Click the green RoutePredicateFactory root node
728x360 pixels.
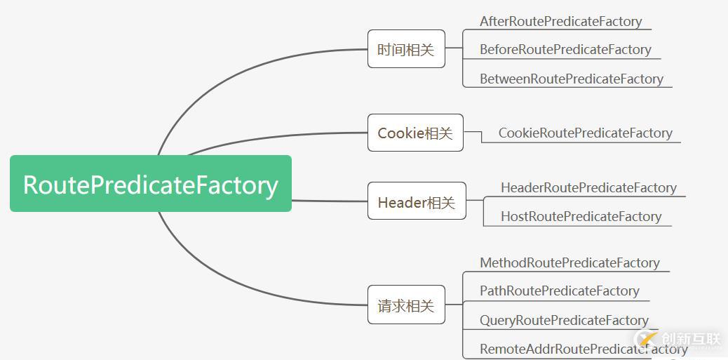tap(150, 184)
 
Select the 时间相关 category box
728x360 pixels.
tap(406, 49)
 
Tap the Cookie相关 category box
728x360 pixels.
tap(415, 133)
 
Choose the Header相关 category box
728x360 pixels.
tap(416, 201)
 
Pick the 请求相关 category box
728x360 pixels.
tap(406, 305)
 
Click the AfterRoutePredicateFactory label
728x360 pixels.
tap(560, 22)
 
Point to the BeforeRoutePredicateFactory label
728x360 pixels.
tap(565, 50)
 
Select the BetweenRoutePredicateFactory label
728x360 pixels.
tap(571, 79)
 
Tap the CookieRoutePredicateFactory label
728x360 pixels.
tap(585, 133)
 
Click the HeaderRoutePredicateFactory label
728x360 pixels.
tap(588, 187)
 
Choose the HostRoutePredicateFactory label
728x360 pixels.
tap(580, 216)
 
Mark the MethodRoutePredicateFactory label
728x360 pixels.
tap(569, 262)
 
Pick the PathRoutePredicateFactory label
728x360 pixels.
tap(559, 291)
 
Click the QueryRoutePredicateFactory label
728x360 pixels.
tap(564, 320)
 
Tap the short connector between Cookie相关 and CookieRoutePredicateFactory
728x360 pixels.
tap(473, 132)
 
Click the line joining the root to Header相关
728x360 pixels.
tap(330, 201)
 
